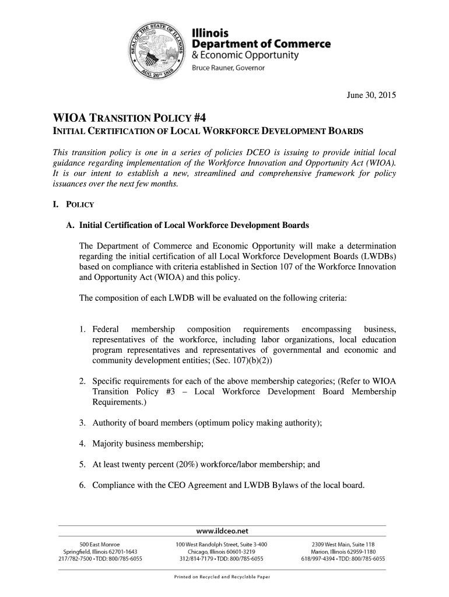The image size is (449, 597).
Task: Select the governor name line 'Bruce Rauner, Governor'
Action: coord(229,68)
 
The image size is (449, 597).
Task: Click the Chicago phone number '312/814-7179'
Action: coord(199,559)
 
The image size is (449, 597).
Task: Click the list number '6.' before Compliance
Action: coord(83,486)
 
